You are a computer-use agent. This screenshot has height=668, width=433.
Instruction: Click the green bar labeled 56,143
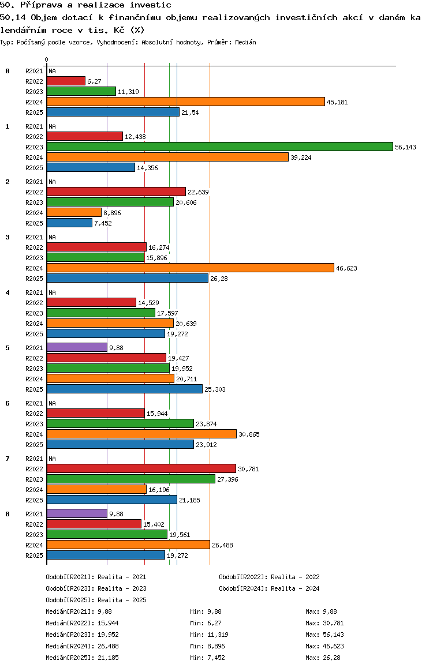click(x=220, y=147)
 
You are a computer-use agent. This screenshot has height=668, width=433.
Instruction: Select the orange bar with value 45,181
click(x=186, y=102)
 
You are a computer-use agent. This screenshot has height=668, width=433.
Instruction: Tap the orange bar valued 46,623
click(x=191, y=268)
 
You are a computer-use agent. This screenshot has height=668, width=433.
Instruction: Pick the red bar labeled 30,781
click(x=141, y=468)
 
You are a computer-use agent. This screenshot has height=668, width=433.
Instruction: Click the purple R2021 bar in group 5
click(x=77, y=348)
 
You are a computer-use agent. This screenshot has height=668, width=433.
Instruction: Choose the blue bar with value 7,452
click(x=69, y=223)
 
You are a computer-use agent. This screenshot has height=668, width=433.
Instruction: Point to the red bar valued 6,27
click(x=66, y=81)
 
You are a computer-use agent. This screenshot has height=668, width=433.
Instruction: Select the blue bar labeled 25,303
click(x=125, y=389)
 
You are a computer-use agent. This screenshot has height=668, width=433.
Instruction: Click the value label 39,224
click(x=301, y=157)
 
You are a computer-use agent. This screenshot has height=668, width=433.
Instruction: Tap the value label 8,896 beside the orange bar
click(x=113, y=213)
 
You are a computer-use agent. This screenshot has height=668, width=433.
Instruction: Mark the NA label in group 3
click(x=52, y=237)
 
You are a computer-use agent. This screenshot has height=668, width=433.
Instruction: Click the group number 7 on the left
click(x=8, y=459)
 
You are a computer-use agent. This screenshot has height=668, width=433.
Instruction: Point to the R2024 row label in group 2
click(x=34, y=213)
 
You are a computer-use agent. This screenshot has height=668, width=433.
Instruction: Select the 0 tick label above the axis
click(x=46, y=59)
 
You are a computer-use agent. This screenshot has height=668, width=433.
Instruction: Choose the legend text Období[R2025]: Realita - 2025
click(x=96, y=600)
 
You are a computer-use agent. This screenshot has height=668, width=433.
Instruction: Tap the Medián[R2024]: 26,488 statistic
click(x=82, y=646)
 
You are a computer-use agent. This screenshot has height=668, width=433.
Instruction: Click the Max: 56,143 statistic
click(x=324, y=635)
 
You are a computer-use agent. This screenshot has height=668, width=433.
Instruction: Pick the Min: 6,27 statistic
click(x=206, y=623)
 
